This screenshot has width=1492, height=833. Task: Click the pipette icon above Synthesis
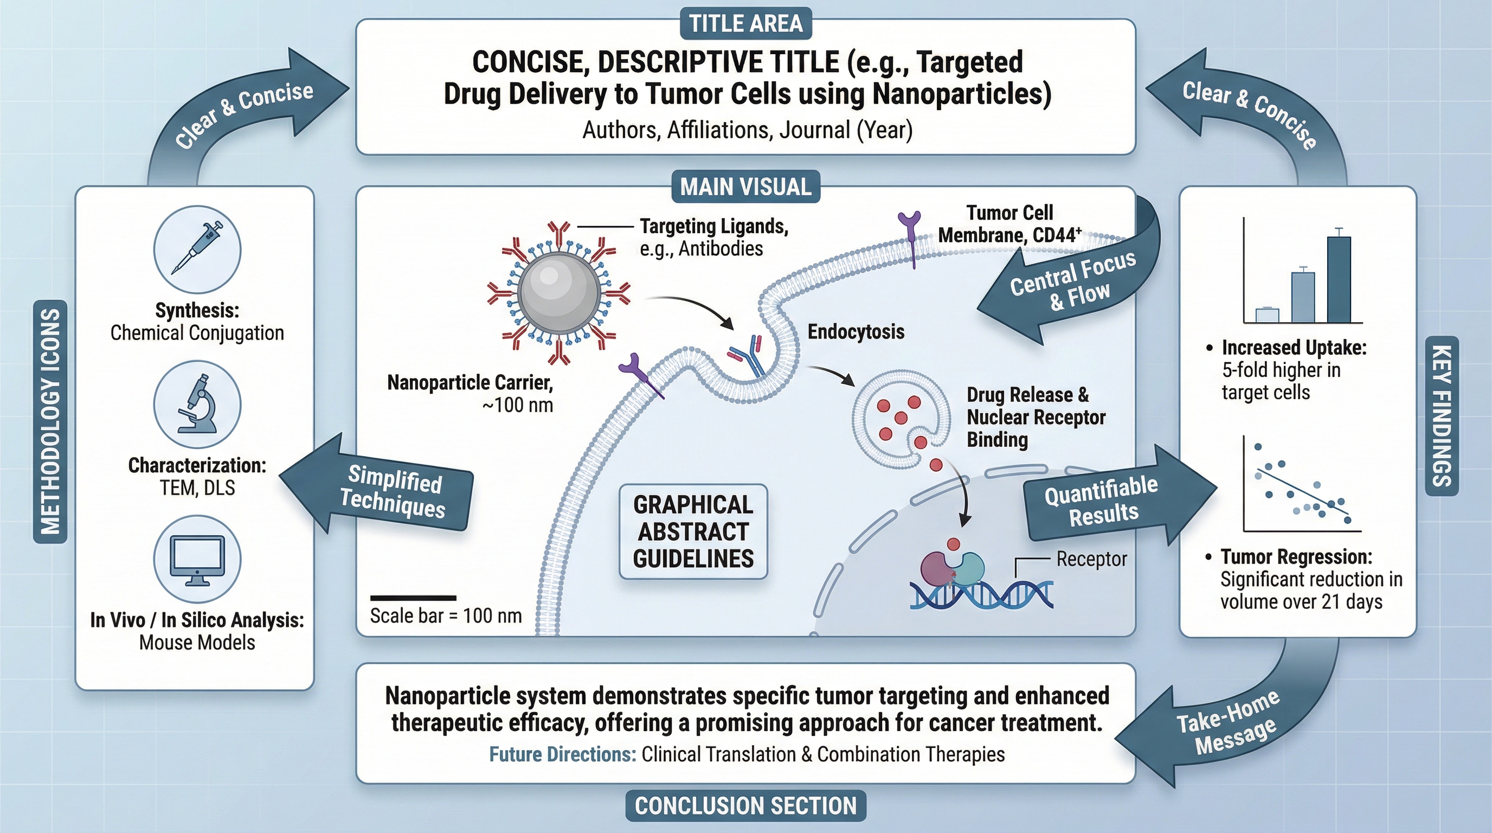pyautogui.click(x=197, y=249)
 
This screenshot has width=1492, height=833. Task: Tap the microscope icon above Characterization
pyautogui.click(x=197, y=405)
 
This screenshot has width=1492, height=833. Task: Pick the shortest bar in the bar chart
pyautogui.click(x=1266, y=315)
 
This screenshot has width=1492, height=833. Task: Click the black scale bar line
pyautogui.click(x=413, y=598)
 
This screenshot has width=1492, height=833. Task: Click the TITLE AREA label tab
pyautogui.click(x=745, y=24)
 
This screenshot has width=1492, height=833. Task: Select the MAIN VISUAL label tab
pyautogui.click(x=745, y=187)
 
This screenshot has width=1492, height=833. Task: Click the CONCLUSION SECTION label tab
pyautogui.click(x=745, y=806)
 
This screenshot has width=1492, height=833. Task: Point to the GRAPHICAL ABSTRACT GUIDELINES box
pyautogui.click(x=693, y=532)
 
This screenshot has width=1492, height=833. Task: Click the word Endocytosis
pyautogui.click(x=856, y=332)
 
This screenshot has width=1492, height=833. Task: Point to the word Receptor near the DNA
pyautogui.click(x=1091, y=559)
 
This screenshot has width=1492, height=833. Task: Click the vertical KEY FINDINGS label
pyautogui.click(x=1442, y=415)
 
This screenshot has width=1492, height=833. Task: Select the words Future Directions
pyautogui.click(x=562, y=754)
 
